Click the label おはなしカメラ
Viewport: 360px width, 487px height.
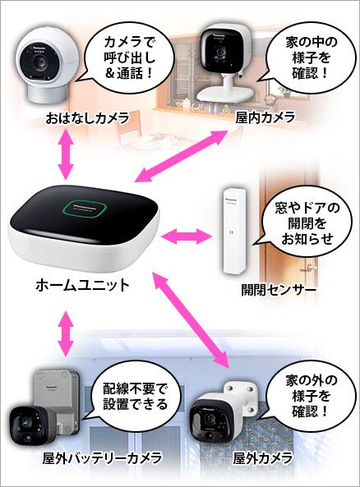[87, 118]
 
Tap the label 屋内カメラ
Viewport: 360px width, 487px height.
[265, 117]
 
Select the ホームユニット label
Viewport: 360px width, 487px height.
[82, 285]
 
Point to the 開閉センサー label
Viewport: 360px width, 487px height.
[279, 289]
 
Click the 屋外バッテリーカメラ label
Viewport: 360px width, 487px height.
[102, 457]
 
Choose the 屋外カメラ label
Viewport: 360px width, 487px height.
[263, 457]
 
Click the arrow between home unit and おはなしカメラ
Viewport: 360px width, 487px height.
[66, 154]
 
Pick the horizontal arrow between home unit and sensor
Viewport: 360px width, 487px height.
[187, 237]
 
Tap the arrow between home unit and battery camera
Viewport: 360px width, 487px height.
[66, 333]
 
